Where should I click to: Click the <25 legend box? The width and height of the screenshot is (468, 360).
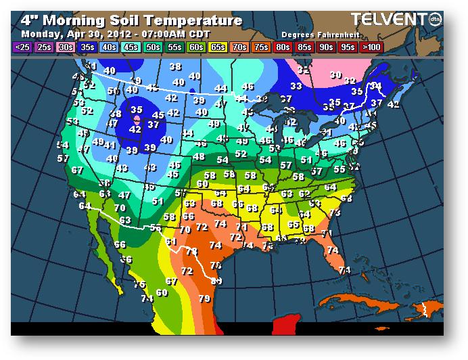22,47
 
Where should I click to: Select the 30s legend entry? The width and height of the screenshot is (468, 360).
66,47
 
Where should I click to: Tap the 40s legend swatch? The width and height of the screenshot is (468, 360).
108,47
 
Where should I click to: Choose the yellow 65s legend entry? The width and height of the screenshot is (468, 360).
218,47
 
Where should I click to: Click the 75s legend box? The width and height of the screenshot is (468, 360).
261,47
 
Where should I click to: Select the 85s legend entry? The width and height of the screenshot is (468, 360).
304,47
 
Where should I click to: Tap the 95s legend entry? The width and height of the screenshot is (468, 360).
348,47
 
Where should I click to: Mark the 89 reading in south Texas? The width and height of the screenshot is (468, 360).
216,281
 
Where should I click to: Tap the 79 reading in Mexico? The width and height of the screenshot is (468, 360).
204,298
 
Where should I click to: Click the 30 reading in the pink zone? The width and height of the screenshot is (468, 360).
335,75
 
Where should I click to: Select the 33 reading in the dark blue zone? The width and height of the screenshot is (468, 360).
296,86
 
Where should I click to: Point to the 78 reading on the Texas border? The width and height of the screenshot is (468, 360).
192,251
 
